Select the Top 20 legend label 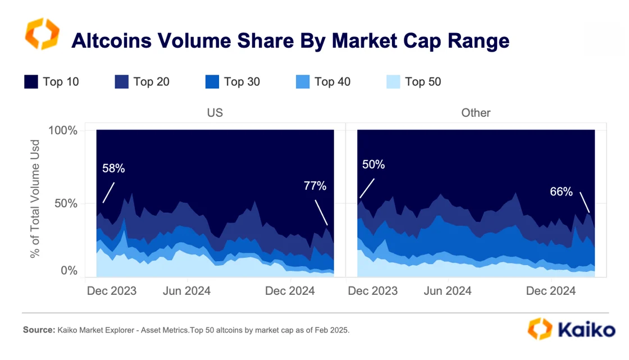tap(151, 82)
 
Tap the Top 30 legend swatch tap(212, 82)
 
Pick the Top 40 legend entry tap(332, 82)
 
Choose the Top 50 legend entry tap(423, 82)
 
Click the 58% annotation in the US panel tap(113, 168)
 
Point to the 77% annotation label tap(314, 186)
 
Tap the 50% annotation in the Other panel tap(373, 165)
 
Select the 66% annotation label tap(561, 192)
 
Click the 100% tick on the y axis tap(65, 131)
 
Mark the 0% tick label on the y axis tap(68, 271)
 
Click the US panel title tap(215, 113)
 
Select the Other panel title tap(476, 113)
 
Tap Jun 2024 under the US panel tap(186, 291)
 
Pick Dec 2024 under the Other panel tap(551, 291)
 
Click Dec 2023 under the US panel tap(112, 291)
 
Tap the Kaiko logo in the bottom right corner tap(572, 329)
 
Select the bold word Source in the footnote tap(38, 330)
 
